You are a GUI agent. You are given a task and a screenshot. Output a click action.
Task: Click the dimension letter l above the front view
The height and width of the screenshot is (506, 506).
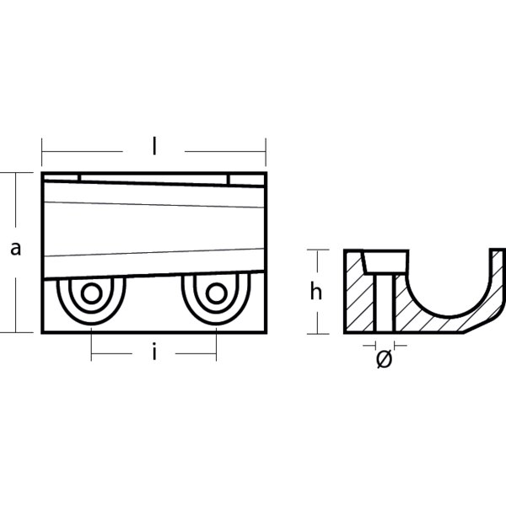click(x=154, y=146)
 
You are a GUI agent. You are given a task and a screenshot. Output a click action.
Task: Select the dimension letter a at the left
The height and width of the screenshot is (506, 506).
click(x=15, y=248)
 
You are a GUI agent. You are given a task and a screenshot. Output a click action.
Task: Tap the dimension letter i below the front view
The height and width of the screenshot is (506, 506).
click(x=154, y=353)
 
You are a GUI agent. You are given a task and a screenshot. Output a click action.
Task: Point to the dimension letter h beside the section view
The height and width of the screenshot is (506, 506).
click(x=316, y=292)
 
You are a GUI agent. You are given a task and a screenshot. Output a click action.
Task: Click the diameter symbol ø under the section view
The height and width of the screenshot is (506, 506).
click(x=384, y=358)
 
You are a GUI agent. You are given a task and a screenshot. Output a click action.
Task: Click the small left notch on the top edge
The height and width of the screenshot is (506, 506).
click(x=80, y=176)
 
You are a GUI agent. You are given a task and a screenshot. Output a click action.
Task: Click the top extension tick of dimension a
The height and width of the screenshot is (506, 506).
click(x=15, y=172)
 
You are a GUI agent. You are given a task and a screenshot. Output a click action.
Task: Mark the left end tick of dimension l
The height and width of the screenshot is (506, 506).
click(x=41, y=153)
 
